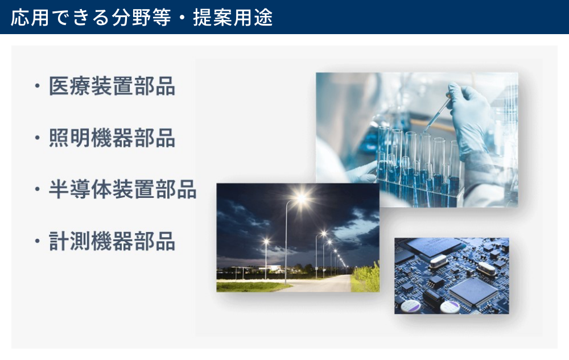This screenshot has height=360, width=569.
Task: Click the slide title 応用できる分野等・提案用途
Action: tap(142, 18)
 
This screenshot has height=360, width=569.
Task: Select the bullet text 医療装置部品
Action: tap(112, 86)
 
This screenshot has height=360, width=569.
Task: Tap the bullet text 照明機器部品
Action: tap(112, 138)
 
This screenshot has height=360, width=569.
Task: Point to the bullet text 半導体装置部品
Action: tap(123, 189)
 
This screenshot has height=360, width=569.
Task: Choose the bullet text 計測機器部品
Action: tap(112, 241)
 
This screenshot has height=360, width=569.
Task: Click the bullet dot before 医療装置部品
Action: tap(37, 86)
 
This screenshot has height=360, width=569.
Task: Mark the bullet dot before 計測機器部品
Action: tap(37, 241)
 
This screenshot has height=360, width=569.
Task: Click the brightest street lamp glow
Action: tap(301, 198)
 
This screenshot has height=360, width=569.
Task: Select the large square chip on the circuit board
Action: tap(473, 292)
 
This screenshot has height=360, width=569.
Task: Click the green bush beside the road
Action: tap(366, 278)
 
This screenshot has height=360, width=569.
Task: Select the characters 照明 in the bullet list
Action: tap(69, 138)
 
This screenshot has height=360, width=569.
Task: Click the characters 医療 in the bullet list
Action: tap(69, 86)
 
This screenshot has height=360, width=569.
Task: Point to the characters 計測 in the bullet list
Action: tap(69, 241)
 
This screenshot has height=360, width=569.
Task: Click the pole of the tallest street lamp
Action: tap(286, 243)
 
